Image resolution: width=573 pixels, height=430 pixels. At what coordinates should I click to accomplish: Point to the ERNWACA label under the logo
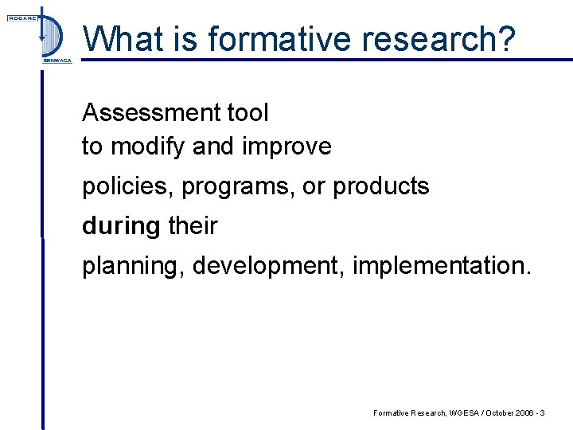point(56,61)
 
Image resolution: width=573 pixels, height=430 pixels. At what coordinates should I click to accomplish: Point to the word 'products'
point(380,186)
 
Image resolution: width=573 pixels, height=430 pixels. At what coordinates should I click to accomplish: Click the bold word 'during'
point(121,226)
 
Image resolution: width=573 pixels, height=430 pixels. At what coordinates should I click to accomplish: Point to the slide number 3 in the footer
point(542,412)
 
